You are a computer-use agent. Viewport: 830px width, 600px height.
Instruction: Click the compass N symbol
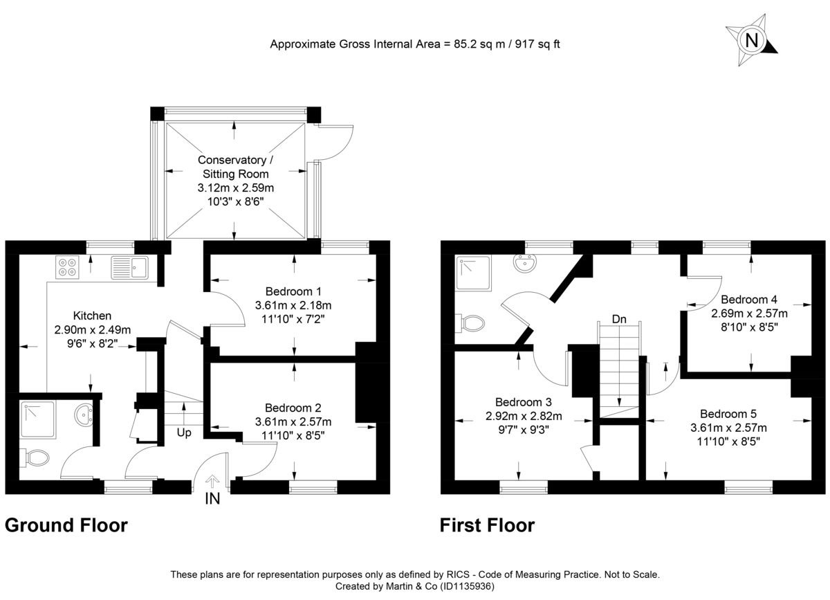(x=751, y=40)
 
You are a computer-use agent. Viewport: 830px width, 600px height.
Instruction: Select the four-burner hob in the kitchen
(x=68, y=267)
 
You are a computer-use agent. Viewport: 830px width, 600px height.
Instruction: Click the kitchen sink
(x=129, y=266)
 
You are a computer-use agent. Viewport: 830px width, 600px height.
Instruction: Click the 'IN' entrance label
(x=212, y=498)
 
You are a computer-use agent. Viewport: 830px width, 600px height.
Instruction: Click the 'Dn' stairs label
(x=620, y=319)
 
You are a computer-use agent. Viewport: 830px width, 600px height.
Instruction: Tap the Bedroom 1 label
(x=293, y=291)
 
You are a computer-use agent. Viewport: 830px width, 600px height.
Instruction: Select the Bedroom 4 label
(x=749, y=300)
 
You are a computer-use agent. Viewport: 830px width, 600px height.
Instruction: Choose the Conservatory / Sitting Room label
(x=233, y=166)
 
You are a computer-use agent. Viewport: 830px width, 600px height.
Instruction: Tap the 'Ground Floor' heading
(x=66, y=526)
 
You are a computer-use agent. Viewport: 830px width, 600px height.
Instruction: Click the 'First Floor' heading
(x=487, y=526)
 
